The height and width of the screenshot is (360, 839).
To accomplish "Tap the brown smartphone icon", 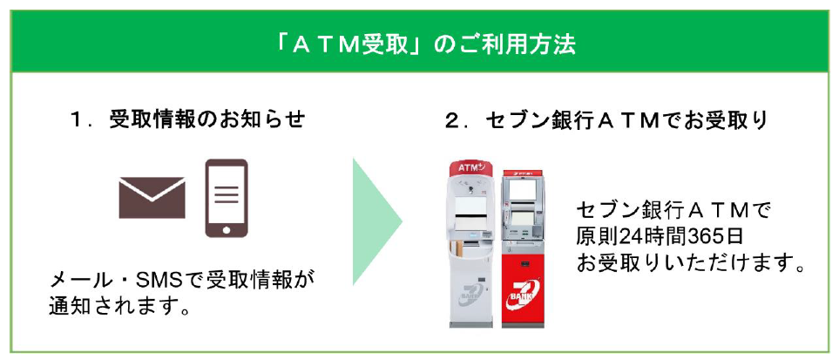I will pyautogui.click(x=226, y=198).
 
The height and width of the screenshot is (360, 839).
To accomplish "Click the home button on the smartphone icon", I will pyautogui.click(x=226, y=229).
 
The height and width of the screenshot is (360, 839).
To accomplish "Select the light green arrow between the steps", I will pyautogui.click(x=376, y=221).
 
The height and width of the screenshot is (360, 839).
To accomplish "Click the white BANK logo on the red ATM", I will pyautogui.click(x=525, y=288).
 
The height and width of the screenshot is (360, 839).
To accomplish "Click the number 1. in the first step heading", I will pyautogui.click(x=84, y=120).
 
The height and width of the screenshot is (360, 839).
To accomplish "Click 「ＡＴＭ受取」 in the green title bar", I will pyautogui.click(x=345, y=44).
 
